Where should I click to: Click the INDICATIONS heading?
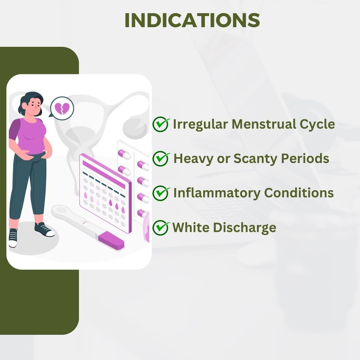click(x=192, y=20)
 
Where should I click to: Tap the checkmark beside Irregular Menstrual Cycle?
click(x=161, y=124)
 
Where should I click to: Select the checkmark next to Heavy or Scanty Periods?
click(x=161, y=159)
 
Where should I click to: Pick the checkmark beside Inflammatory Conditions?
click(x=161, y=193)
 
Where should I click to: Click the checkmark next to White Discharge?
click(x=161, y=227)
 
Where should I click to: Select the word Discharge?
click(x=244, y=228)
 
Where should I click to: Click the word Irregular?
click(x=200, y=125)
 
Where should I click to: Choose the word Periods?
click(x=305, y=158)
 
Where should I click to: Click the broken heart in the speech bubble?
click(x=62, y=108)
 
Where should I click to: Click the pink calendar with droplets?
click(x=105, y=193)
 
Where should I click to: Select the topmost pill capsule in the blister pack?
click(x=124, y=154)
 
